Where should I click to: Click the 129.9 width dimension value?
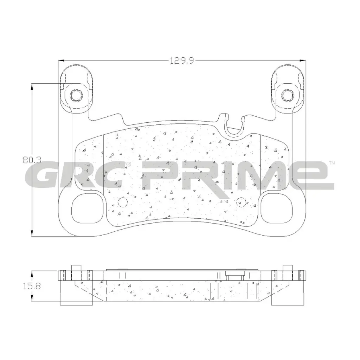pos(182,61)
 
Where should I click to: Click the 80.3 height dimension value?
pos(32,160)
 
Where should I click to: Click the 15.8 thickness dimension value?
pos(32,286)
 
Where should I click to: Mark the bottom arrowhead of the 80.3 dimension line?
pos(32,233)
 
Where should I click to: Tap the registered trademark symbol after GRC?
pos(129,164)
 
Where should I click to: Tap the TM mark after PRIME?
pos(332,163)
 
